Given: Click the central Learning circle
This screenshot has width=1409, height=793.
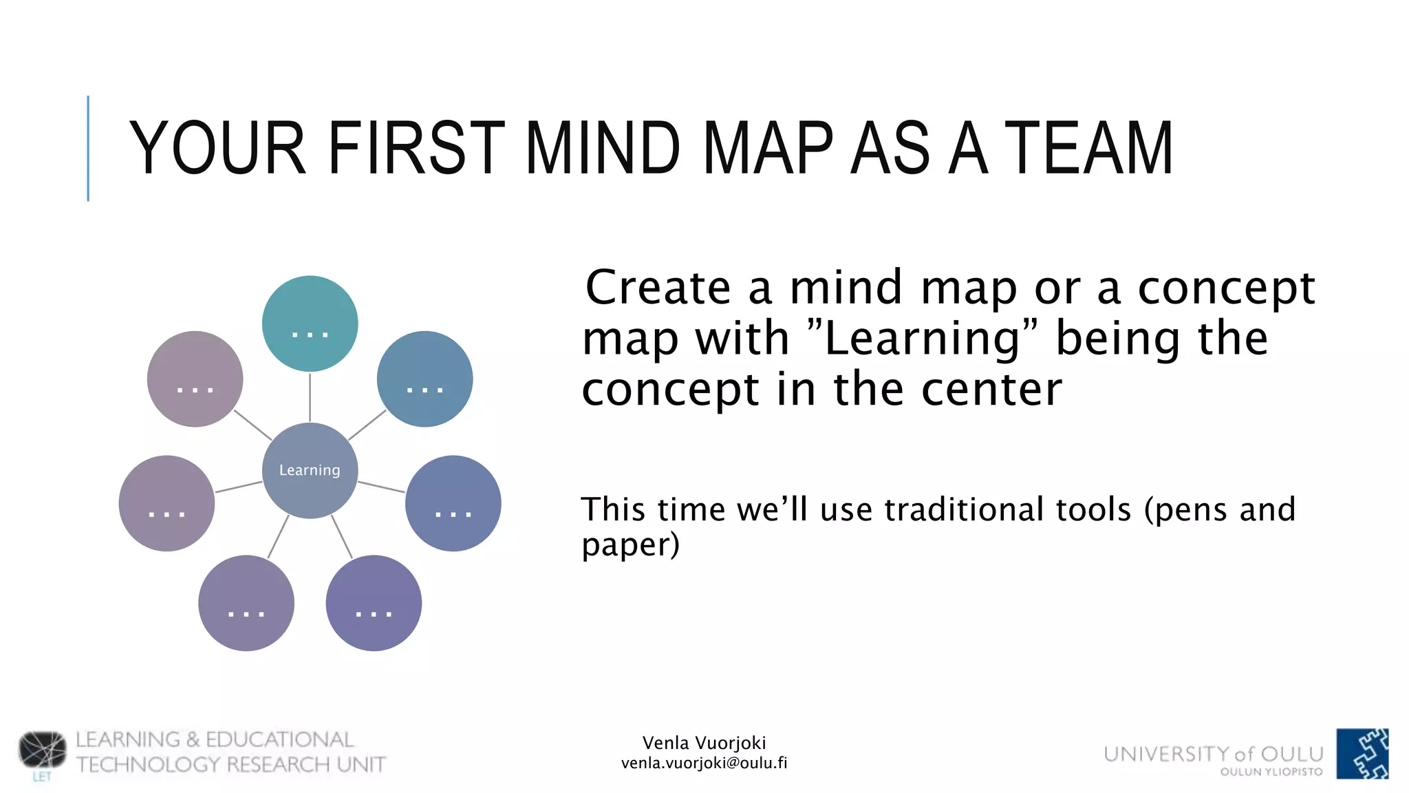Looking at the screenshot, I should pyautogui.click(x=310, y=470).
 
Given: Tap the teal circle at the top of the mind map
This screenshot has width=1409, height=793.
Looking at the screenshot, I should pyautogui.click(x=310, y=324).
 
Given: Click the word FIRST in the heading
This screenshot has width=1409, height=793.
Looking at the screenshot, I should pyautogui.click(x=416, y=148).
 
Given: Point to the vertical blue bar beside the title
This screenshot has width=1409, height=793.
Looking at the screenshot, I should pyautogui.click(x=88, y=148).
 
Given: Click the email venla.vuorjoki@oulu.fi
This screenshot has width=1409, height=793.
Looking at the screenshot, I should pyautogui.click(x=704, y=763).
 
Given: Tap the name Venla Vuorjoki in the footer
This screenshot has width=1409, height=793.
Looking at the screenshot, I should pyautogui.click(x=704, y=743).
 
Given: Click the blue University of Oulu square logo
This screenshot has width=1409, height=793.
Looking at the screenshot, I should pyautogui.click(x=1362, y=754).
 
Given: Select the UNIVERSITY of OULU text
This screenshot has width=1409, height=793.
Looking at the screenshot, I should pyautogui.click(x=1214, y=754).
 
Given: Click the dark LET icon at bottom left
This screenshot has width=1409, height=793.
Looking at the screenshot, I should pyautogui.click(x=43, y=750).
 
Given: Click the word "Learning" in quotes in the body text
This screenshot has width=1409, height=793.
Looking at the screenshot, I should pyautogui.click(x=922, y=339).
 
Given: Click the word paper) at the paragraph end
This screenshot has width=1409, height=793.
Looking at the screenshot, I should pyautogui.click(x=630, y=545).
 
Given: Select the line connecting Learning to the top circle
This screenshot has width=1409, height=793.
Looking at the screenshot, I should pyautogui.click(x=310, y=397).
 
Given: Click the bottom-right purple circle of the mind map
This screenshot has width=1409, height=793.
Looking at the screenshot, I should pyautogui.click(x=374, y=603).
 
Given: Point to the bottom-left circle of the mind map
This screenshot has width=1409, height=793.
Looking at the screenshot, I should pyautogui.click(x=246, y=603).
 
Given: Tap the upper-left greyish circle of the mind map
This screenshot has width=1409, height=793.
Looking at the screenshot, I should pyautogui.click(x=195, y=379).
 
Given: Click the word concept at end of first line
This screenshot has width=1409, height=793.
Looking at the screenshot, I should pyautogui.click(x=1226, y=288).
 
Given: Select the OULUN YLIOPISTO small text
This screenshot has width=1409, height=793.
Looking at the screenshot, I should pyautogui.click(x=1271, y=772).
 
